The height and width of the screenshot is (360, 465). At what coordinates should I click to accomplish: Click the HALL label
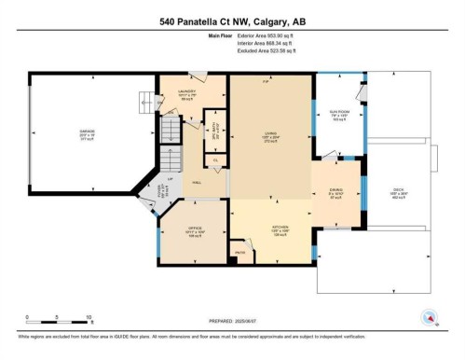(198, 183)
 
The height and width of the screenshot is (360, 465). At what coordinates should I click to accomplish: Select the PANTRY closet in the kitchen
(239, 253)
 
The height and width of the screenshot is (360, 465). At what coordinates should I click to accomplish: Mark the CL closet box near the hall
(216, 161)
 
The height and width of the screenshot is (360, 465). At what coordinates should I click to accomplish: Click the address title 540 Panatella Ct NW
(232, 19)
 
